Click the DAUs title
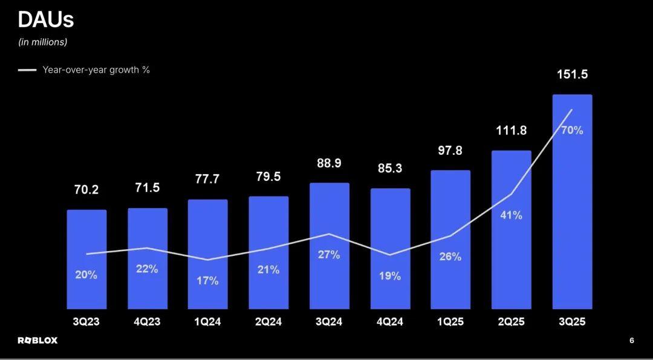point(46,20)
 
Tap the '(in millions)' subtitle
point(43,42)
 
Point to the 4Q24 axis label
point(390,322)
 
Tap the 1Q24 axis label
point(207,322)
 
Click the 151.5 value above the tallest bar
point(572,75)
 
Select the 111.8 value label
point(511,130)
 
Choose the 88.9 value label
point(329,163)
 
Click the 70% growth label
point(572,130)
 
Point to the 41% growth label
point(511,215)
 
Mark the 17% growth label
point(207,281)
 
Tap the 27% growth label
point(329,255)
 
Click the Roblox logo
point(37,340)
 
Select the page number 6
point(632,341)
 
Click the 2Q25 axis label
point(511,322)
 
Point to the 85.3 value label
point(390,169)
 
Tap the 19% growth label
point(390,276)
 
